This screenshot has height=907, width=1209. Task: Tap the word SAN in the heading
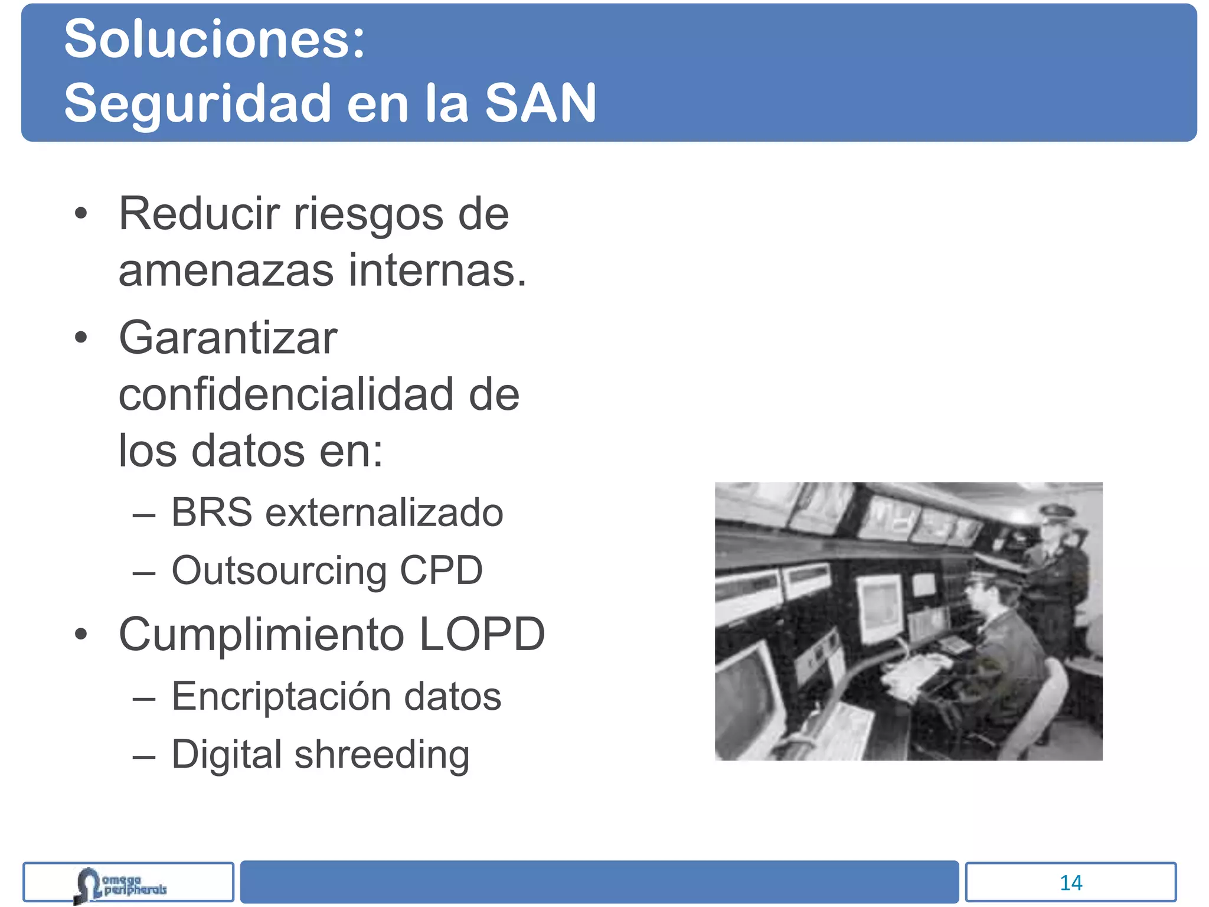(x=540, y=103)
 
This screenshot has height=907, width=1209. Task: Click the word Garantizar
(x=228, y=338)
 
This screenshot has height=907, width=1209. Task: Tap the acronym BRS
(x=211, y=512)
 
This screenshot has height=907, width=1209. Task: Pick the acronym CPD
(x=441, y=570)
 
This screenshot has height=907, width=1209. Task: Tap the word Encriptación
(x=282, y=696)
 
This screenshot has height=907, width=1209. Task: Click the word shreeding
(x=382, y=755)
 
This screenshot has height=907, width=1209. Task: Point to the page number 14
(x=1070, y=883)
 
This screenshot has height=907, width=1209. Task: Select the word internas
(x=437, y=270)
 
